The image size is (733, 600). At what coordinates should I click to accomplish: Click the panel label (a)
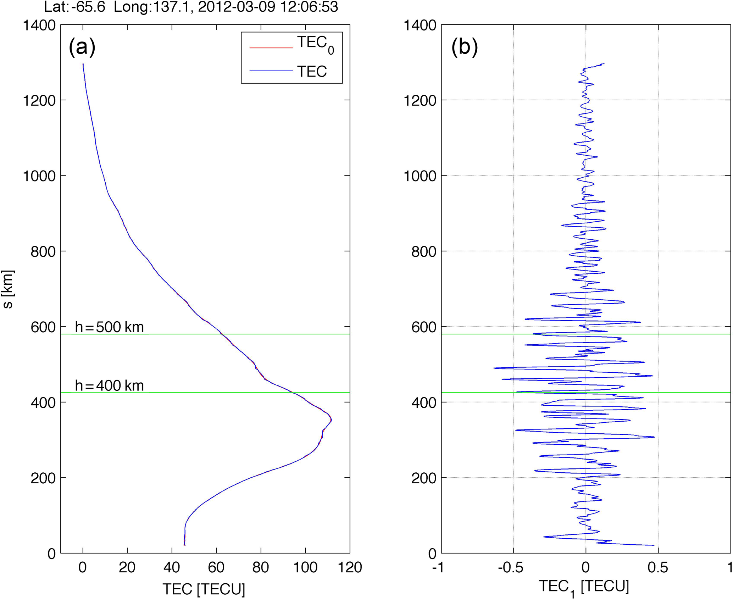[x=82, y=47]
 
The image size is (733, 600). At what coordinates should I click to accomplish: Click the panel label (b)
[x=464, y=47]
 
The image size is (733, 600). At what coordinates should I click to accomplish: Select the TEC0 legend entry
[x=315, y=45]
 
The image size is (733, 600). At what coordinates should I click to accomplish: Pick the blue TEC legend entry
[x=312, y=71]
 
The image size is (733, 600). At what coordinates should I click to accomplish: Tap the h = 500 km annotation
[x=109, y=327]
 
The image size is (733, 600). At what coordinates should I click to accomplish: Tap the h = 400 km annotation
[x=109, y=385]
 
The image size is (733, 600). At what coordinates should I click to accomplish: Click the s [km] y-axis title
[x=8, y=289]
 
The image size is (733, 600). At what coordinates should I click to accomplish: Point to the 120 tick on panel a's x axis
[x=350, y=567]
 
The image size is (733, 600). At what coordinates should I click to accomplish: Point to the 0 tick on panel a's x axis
[x=83, y=567]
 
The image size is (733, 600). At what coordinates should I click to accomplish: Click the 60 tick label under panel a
[x=216, y=567]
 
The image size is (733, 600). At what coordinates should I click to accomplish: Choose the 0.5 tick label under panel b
[x=658, y=567]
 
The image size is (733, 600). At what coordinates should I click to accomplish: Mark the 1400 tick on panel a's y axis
[x=39, y=26]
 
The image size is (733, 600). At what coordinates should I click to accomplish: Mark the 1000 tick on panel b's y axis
[x=420, y=176]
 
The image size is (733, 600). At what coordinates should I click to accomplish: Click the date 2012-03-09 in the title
[x=236, y=7]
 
